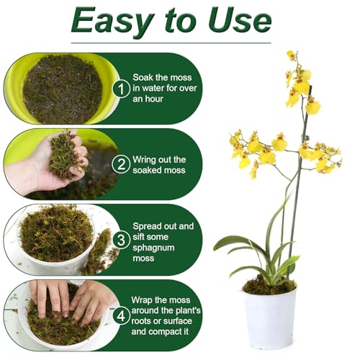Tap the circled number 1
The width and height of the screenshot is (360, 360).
click(x=122, y=89)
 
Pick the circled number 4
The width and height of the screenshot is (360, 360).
click(x=122, y=315)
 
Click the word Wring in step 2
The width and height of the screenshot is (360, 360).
click(x=148, y=159)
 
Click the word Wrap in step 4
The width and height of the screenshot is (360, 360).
click(x=145, y=297)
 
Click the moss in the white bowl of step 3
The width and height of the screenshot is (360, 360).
click(x=54, y=234)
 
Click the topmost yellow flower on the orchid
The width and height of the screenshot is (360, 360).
click(x=291, y=55)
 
